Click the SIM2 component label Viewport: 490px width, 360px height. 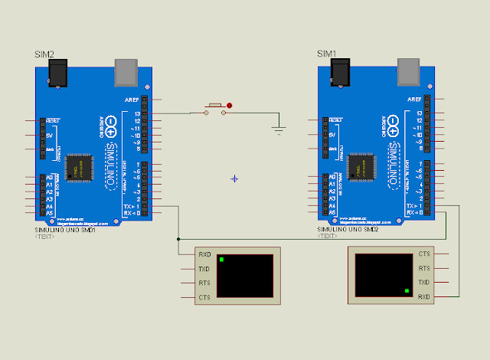[x=44, y=54]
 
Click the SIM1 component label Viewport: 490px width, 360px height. [x=326, y=54]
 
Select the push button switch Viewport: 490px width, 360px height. [x=214, y=109]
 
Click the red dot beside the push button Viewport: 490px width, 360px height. [x=229, y=106]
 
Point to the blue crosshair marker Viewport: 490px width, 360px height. [x=234, y=178]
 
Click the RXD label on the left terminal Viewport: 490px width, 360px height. [x=204, y=254]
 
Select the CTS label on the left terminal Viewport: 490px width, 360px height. [x=204, y=297]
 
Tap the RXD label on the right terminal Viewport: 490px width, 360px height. [x=424, y=296]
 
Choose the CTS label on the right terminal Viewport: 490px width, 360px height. [x=424, y=254]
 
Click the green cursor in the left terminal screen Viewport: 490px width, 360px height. [x=221, y=260]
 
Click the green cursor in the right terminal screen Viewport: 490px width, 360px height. [x=407, y=291]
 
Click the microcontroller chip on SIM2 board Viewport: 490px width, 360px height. [x=77, y=167]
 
